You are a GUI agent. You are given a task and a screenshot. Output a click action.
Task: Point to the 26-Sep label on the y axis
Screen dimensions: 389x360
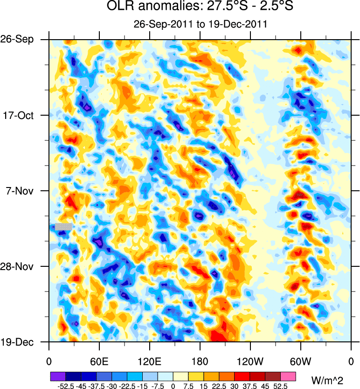[x=21, y=39]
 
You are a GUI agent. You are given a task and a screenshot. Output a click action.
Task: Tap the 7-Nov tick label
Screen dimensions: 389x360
[x=22, y=191]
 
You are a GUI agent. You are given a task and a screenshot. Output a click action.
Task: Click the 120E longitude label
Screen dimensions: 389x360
[x=149, y=361]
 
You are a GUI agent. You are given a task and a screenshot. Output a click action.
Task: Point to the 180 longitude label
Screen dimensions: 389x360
[x=200, y=361]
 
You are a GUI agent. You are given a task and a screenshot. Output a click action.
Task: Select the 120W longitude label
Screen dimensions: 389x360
[x=250, y=361]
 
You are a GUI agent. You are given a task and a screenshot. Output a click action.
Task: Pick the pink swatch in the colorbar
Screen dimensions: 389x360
[x=288, y=375]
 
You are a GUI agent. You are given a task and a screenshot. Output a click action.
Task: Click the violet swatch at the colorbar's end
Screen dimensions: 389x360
[x=58, y=375]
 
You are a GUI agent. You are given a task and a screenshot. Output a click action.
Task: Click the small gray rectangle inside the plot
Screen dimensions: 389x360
[x=63, y=226]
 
